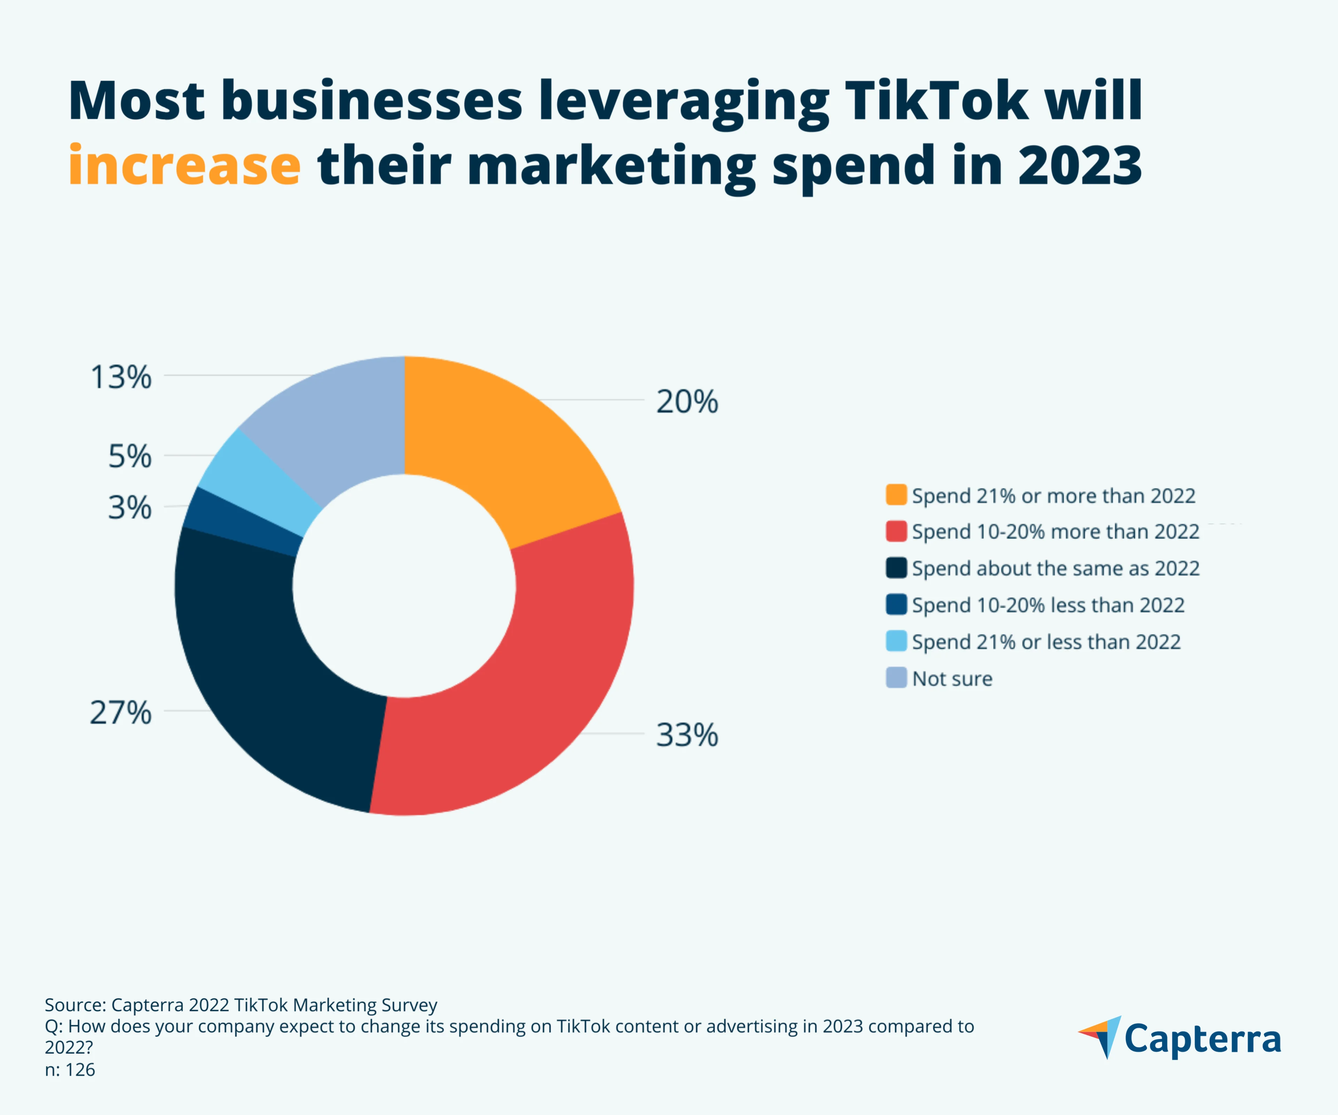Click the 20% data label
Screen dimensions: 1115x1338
tap(687, 402)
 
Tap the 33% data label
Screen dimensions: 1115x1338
tap(687, 735)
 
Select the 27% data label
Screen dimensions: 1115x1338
tap(121, 712)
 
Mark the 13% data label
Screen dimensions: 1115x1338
tap(121, 377)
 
